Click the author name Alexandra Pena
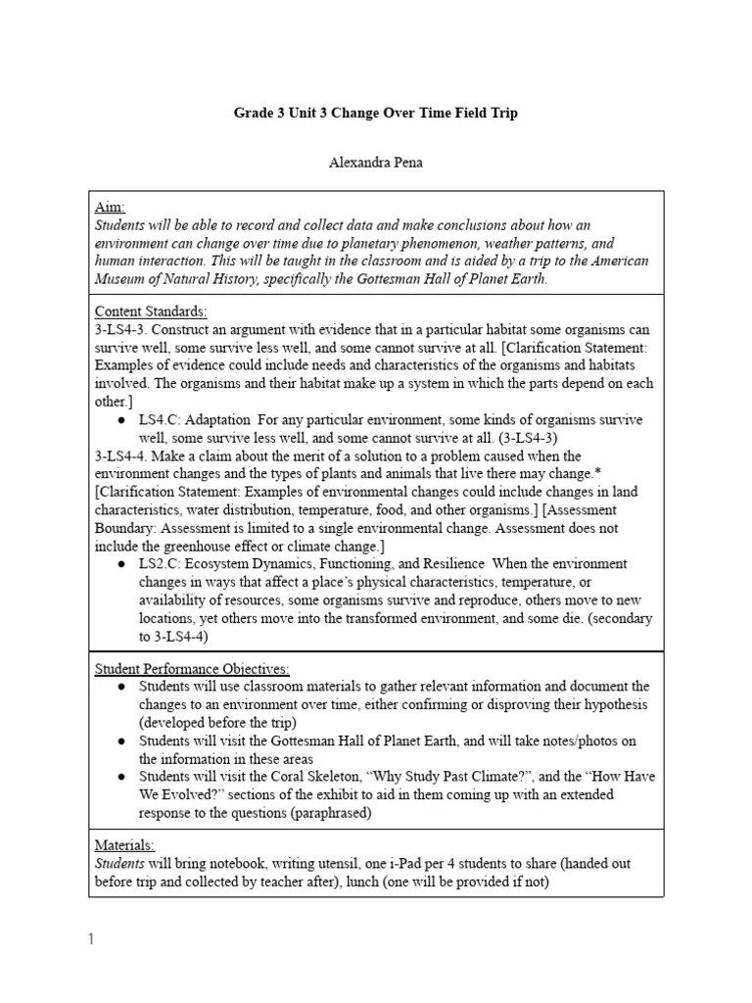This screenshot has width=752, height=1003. click(x=376, y=163)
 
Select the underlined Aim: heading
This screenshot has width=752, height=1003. click(x=110, y=207)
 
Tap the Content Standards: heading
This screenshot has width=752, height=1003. click(x=150, y=311)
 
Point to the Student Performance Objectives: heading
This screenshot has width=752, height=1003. click(x=191, y=669)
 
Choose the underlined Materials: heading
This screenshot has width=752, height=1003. click(x=124, y=844)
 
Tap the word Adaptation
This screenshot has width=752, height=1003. click(x=218, y=419)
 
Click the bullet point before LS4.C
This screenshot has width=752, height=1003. click(x=120, y=419)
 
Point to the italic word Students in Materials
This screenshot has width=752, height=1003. click(x=118, y=862)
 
